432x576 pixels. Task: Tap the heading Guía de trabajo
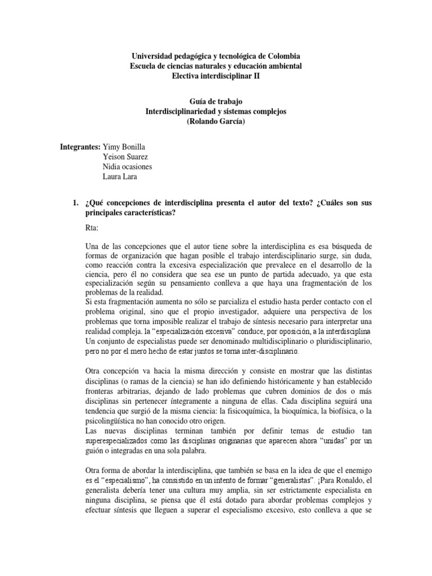(x=216, y=102)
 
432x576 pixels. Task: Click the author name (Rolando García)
(x=216, y=121)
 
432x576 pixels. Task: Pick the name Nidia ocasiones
(x=128, y=166)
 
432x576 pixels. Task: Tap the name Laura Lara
(x=120, y=177)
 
